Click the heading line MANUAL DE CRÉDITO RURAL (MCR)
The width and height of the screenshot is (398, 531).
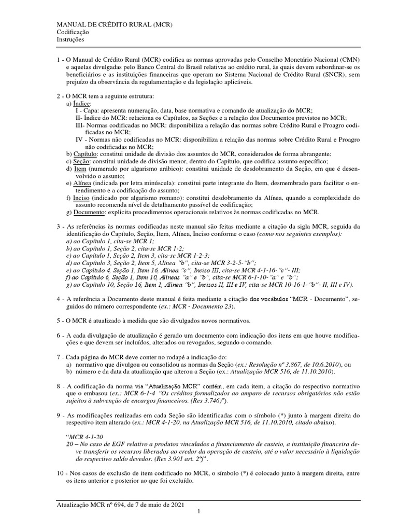pyautogui.click(x=114, y=24)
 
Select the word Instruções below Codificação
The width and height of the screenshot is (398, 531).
pyautogui.click(x=70, y=39)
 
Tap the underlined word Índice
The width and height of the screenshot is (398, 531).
pyautogui.click(x=82, y=104)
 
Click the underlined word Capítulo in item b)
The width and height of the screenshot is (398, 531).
pyautogui.click(x=86, y=154)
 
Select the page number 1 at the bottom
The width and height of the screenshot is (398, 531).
pyautogui.click(x=198, y=512)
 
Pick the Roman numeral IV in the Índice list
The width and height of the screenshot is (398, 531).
pyautogui.click(x=80, y=139)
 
